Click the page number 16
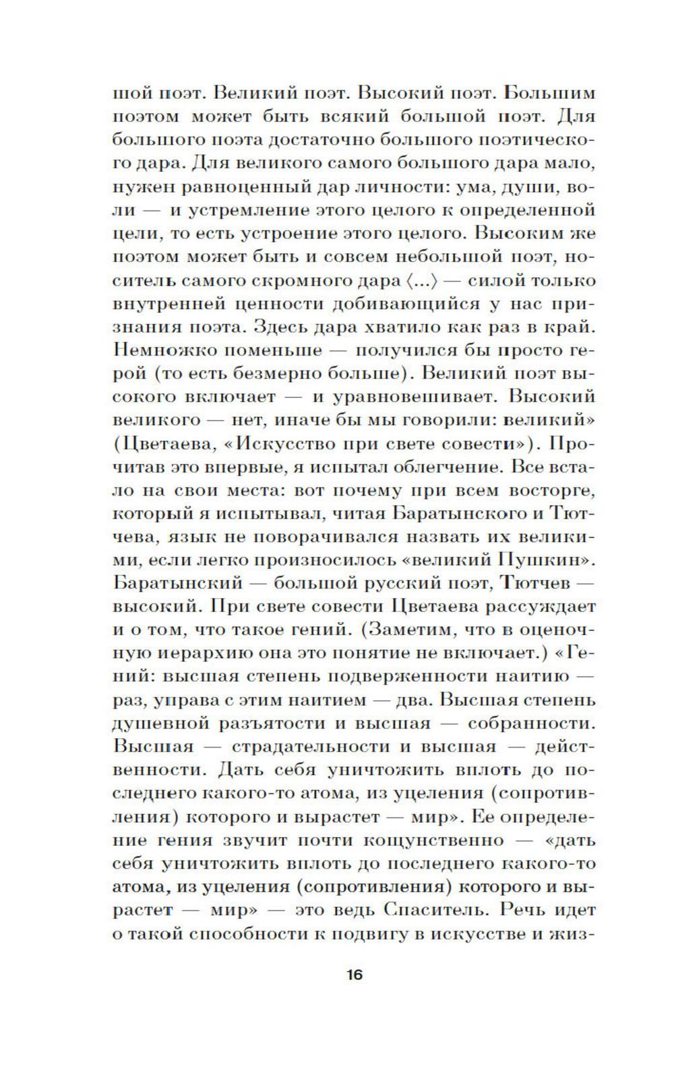point(355,974)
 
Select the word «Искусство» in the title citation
point(301,444)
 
